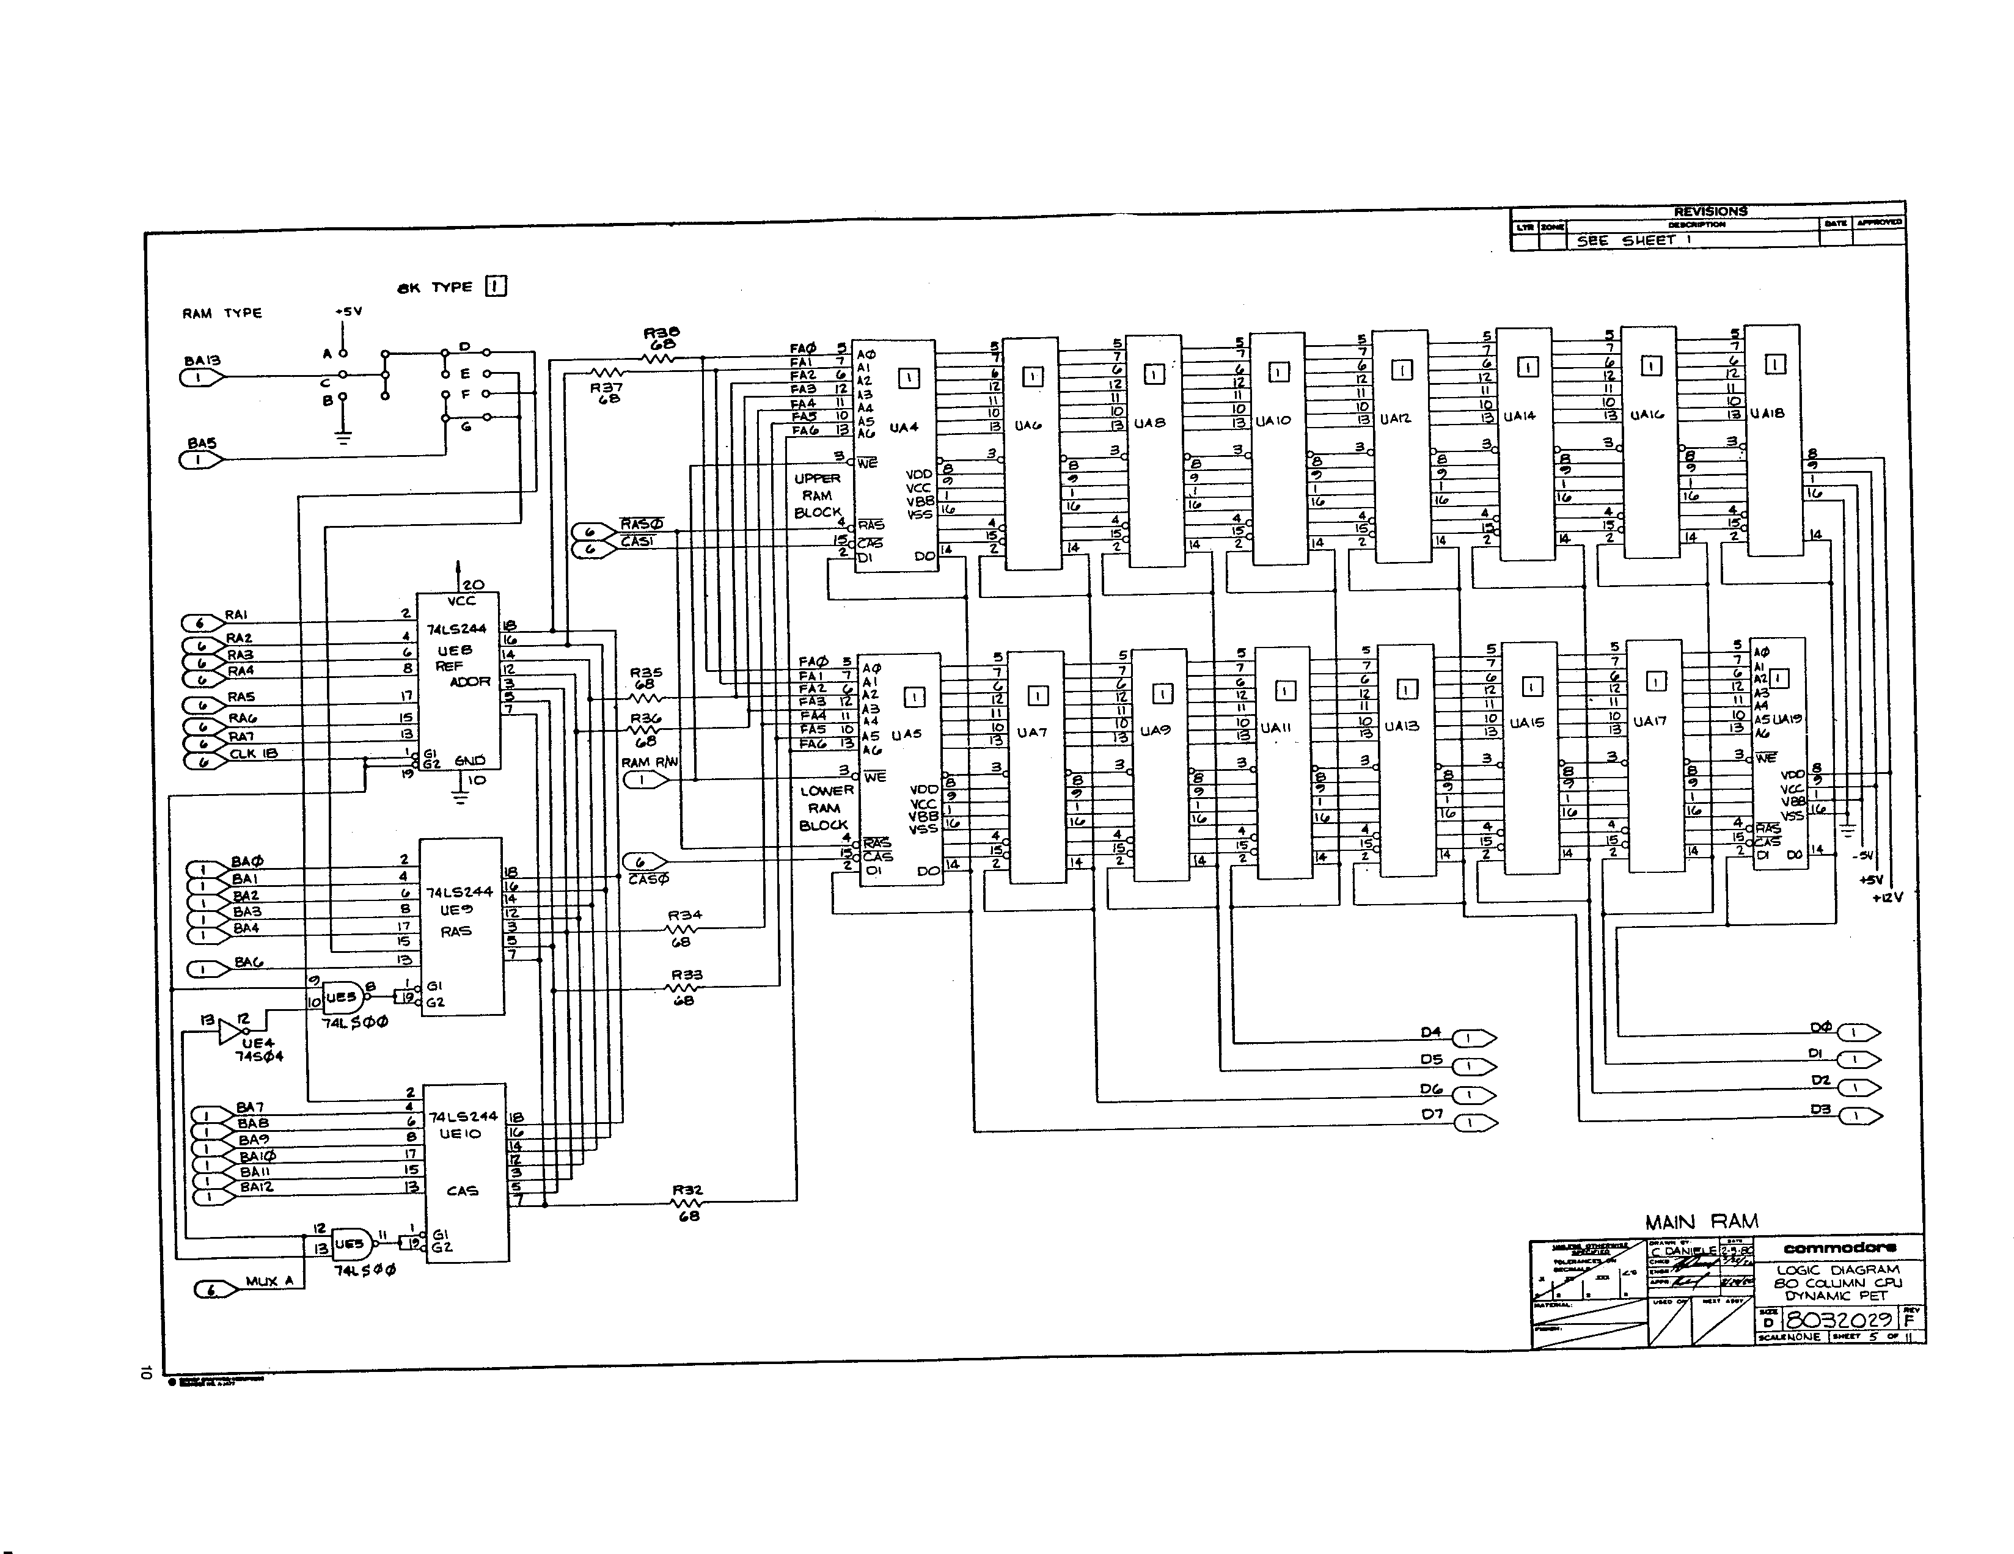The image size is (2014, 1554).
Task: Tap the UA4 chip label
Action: (x=904, y=428)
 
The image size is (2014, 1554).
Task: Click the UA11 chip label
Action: (x=1275, y=728)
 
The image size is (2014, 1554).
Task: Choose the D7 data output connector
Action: (x=1476, y=1123)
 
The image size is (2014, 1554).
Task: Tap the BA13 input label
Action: (x=202, y=361)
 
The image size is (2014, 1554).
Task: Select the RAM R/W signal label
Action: (x=649, y=763)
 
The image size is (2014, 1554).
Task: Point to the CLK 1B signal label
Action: (x=254, y=753)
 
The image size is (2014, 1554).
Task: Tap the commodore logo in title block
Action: (x=1840, y=1248)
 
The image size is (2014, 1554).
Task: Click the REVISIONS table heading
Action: (x=1710, y=211)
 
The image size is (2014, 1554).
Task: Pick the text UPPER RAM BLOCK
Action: (x=817, y=495)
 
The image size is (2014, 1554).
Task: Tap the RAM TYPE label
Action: (x=222, y=313)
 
